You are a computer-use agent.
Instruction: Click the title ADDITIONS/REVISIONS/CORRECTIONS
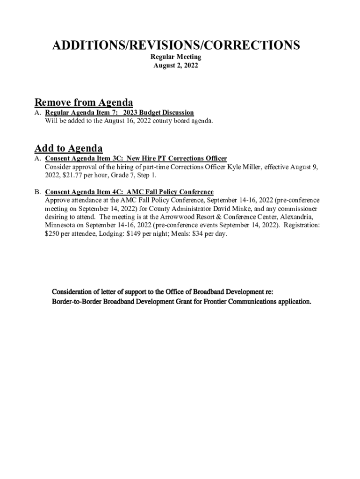(176, 45)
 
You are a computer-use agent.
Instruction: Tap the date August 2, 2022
(176, 66)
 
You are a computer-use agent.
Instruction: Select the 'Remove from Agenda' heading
(84, 102)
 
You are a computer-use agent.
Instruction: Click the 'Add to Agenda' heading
(68, 149)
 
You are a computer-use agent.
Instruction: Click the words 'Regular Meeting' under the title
(176, 57)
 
